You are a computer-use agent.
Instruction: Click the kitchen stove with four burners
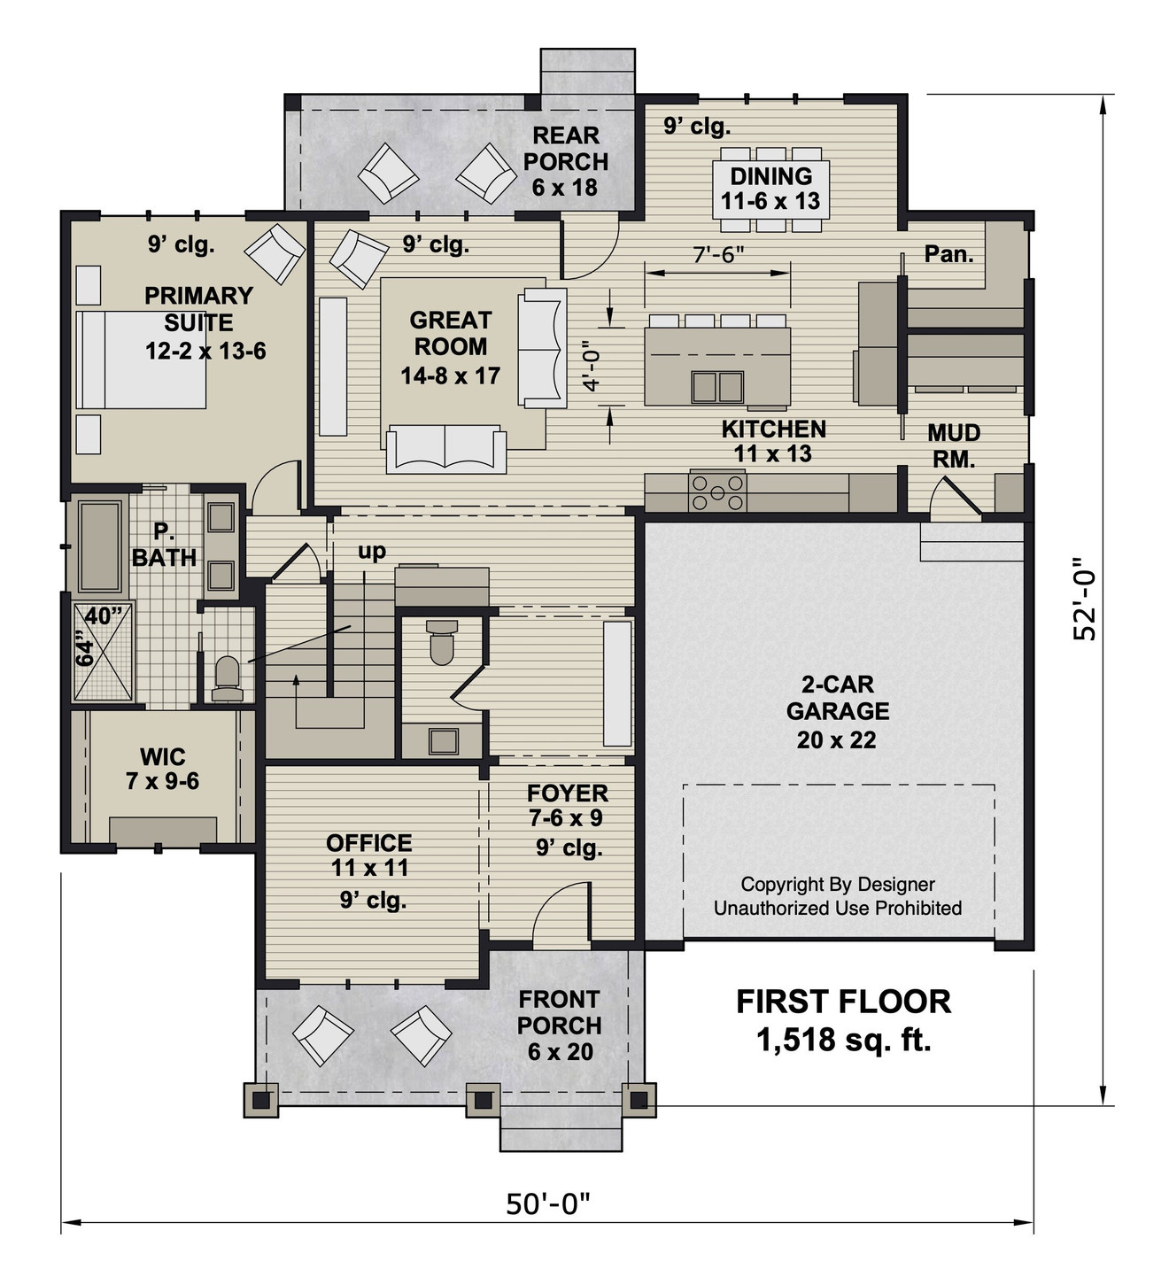tap(718, 493)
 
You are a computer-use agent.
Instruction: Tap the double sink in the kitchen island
tap(717, 387)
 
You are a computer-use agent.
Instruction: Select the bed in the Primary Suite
tap(142, 359)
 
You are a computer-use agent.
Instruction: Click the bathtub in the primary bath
tap(100, 546)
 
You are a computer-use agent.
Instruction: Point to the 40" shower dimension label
tap(104, 616)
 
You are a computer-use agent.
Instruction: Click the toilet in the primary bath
tap(228, 678)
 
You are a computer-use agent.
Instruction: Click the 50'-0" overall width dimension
tap(547, 1204)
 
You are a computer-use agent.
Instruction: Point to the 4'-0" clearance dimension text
tap(592, 367)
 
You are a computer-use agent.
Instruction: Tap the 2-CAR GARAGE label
tap(837, 698)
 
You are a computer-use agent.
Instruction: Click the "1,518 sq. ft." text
tap(843, 1040)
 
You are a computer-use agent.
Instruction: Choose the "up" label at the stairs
tap(372, 551)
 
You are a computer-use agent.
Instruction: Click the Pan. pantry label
tap(948, 255)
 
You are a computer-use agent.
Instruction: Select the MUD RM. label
tap(953, 445)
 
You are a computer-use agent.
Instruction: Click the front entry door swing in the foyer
tap(560, 917)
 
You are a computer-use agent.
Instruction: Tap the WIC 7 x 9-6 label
tap(162, 769)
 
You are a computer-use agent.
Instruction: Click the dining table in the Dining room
tap(770, 189)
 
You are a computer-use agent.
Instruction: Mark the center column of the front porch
tap(482, 1100)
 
